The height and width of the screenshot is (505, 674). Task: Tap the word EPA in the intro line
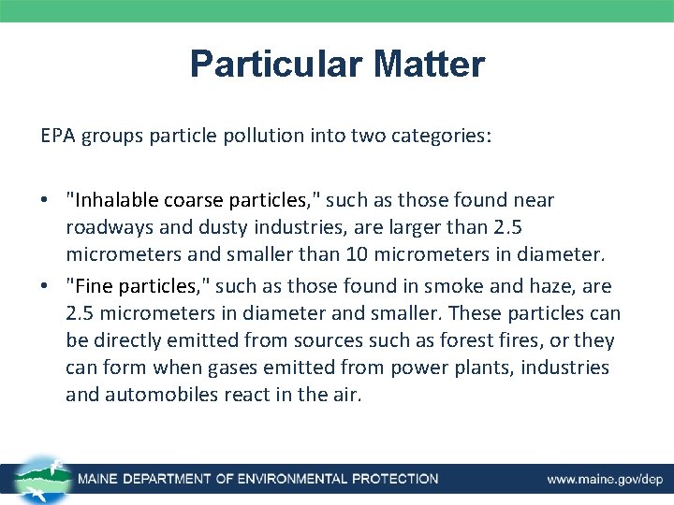coord(57,136)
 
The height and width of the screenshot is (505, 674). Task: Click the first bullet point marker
coord(46,201)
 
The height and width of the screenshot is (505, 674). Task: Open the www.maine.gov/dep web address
coord(605,479)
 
